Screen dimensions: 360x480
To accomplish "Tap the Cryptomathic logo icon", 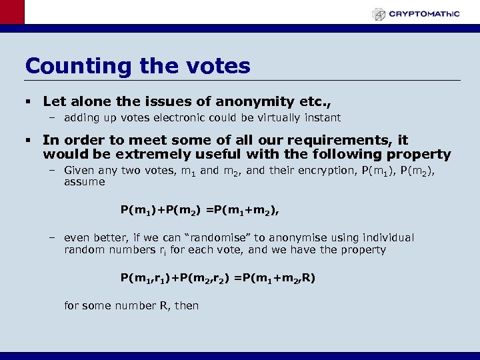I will click(x=379, y=14).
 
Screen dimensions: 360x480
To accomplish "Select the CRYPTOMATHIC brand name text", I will click(x=425, y=14).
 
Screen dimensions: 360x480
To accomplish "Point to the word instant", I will click(x=323, y=118).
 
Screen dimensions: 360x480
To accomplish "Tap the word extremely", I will click(x=137, y=155).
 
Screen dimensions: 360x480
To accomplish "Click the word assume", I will click(x=84, y=182).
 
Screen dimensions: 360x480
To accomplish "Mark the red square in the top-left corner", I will click(x=11, y=12).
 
